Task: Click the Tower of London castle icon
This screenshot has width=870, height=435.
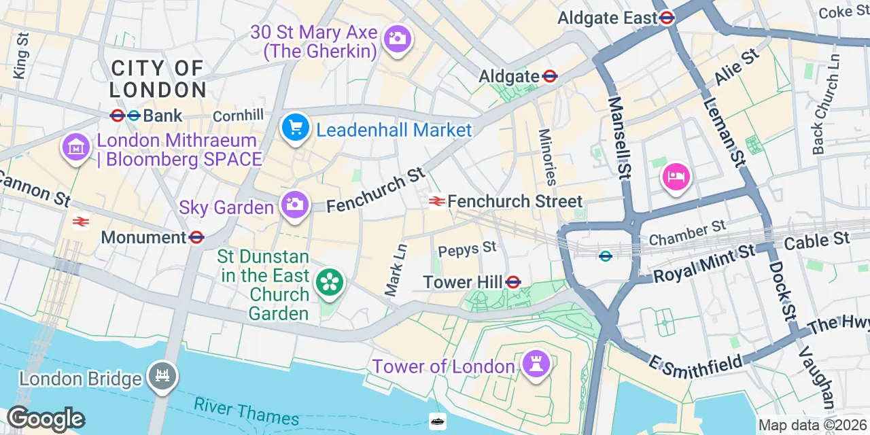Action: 536,364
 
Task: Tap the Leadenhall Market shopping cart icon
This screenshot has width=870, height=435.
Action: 295,128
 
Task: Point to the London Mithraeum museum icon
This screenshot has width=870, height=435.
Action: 76,147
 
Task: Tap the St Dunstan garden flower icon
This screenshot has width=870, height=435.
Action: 329,282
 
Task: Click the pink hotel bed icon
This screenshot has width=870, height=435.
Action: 676,177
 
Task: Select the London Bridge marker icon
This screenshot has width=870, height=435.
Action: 162,377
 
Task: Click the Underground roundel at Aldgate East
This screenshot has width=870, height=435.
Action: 667,18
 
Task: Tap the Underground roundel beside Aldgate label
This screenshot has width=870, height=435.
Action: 551,77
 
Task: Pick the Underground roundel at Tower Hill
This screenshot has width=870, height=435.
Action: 513,282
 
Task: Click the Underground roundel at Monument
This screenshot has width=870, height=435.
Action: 197,237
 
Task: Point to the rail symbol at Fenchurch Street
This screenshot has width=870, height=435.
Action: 436,201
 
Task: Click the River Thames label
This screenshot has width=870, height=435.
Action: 246,411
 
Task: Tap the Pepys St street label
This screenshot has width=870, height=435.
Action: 468,248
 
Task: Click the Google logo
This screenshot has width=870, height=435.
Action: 46,419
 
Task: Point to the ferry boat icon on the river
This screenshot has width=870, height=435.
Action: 438,421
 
